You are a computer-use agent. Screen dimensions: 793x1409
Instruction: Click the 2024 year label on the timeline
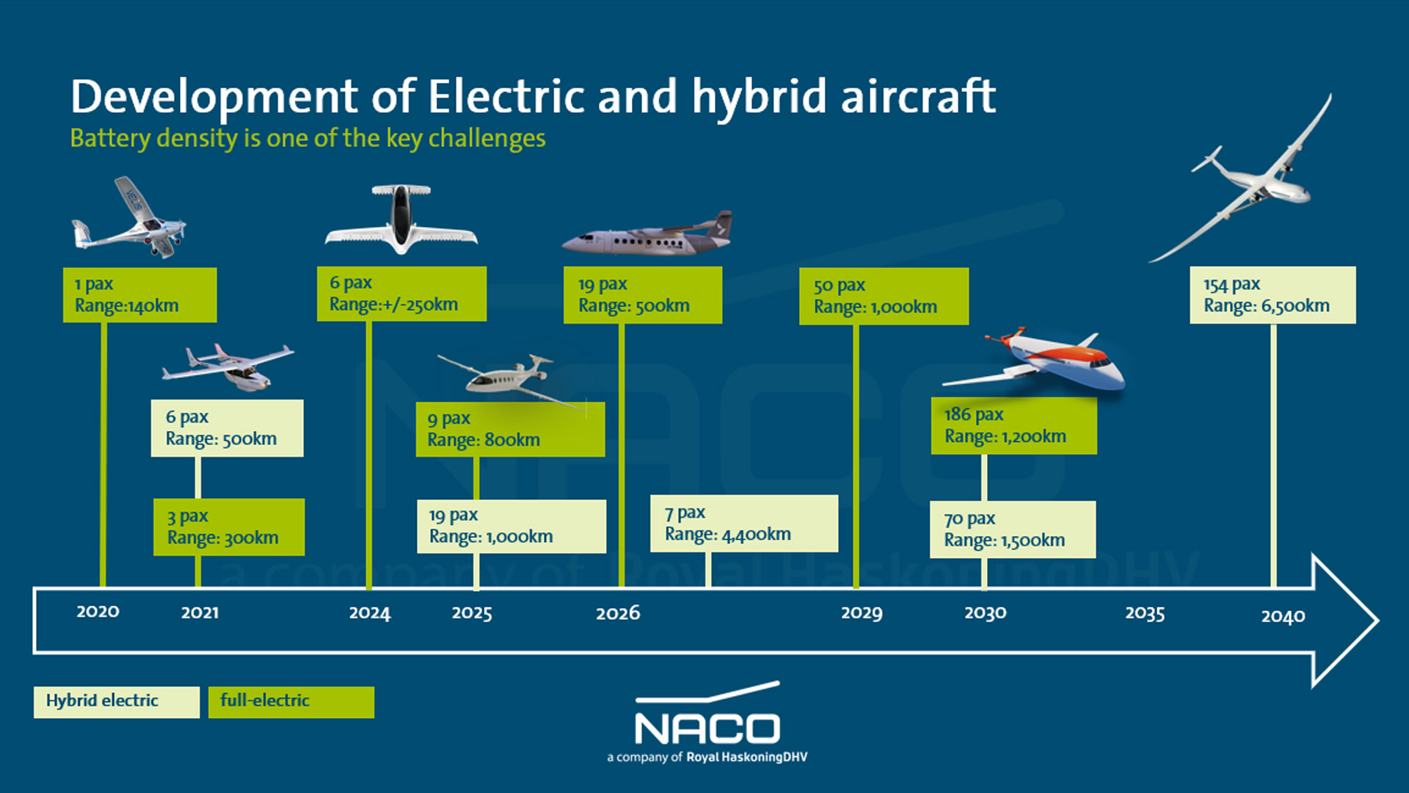click(x=369, y=613)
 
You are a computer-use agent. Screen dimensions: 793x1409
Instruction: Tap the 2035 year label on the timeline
click(x=1144, y=613)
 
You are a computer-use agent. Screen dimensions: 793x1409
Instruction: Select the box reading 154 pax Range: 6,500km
click(x=1272, y=295)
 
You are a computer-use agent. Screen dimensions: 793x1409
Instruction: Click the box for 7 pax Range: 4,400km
click(x=743, y=524)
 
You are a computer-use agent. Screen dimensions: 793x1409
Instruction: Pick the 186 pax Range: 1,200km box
click(x=1013, y=426)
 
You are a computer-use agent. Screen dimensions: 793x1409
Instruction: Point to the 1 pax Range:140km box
click(x=139, y=295)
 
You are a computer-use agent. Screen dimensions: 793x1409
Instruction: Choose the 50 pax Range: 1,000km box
click(x=883, y=296)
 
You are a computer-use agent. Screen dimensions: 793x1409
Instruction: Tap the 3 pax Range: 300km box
click(x=228, y=527)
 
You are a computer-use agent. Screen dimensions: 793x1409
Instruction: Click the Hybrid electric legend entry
click(x=116, y=702)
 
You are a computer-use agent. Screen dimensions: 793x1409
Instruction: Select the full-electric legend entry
click(x=291, y=702)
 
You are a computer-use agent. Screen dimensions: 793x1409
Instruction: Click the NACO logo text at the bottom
click(x=707, y=728)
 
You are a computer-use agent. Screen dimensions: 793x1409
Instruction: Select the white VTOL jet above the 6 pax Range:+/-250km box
click(x=401, y=220)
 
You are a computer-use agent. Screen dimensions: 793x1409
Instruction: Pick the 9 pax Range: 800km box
click(x=509, y=430)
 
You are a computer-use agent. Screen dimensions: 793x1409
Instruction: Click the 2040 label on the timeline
click(x=1282, y=617)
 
